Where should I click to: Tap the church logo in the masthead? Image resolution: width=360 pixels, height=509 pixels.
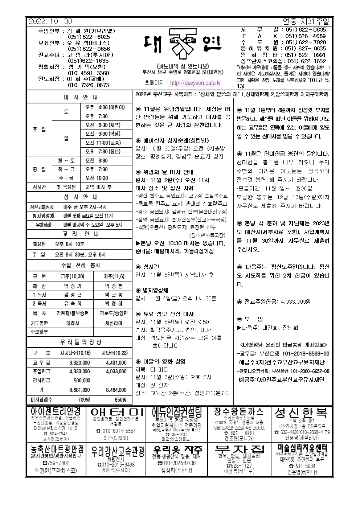coord(180,46)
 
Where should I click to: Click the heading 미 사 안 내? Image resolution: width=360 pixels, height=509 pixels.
coord(80,97)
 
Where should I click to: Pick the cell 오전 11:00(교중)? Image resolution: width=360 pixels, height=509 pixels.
coord(103,143)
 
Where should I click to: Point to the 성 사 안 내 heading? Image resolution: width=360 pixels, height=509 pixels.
coord(80,197)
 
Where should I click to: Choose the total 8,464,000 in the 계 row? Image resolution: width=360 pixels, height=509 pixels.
coord(116,390)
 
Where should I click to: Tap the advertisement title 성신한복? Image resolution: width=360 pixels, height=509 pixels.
coord(301,413)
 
